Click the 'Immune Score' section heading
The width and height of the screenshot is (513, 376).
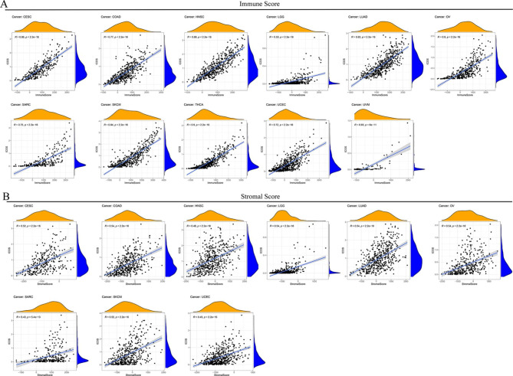(x=256, y=5)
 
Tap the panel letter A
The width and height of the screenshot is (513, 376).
(x=5, y=5)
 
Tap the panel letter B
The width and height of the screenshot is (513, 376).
(x=5, y=197)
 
